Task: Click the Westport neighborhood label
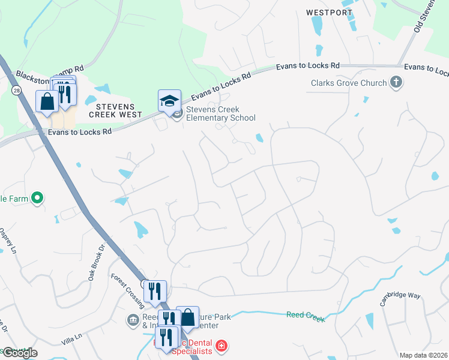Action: point(329,12)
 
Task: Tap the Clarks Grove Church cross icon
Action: point(396,82)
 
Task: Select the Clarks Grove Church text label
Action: point(349,83)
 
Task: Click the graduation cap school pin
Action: point(169,101)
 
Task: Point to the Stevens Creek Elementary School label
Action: point(213,113)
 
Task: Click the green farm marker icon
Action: point(37,197)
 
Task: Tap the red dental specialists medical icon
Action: point(221,346)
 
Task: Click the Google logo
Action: point(19,353)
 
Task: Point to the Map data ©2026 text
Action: point(423,355)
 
